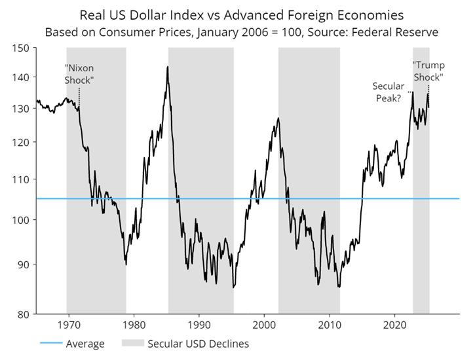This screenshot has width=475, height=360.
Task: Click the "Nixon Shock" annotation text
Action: [x=79, y=73]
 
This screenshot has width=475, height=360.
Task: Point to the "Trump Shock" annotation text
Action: [x=428, y=71]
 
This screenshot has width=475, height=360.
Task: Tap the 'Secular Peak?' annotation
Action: [x=389, y=92]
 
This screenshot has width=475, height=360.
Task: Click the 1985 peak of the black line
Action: [x=168, y=67]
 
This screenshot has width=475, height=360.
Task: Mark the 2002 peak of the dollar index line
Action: [x=278, y=118]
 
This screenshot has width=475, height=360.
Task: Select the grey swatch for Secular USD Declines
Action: [x=131, y=344]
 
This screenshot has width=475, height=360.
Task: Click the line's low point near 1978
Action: [x=126, y=264]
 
